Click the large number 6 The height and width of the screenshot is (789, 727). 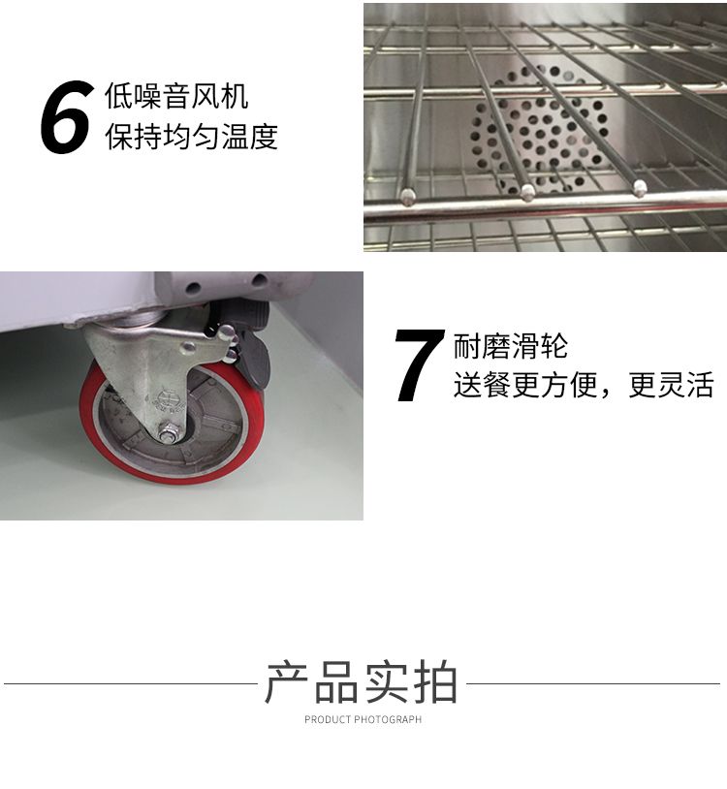pos(67,117)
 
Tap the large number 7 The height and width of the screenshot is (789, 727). pos(420,365)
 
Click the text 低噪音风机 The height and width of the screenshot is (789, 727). pos(176,96)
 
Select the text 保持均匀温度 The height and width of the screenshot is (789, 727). pos(191,137)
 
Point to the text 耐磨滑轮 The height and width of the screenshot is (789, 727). pos(511,346)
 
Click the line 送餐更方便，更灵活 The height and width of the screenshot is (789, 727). pos(584,385)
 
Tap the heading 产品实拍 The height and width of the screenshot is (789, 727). pos(362,682)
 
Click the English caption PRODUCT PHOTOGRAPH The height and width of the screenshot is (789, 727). pos(363,719)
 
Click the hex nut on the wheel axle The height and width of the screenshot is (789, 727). pos(167,432)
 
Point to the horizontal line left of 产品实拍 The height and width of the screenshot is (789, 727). pos(131,684)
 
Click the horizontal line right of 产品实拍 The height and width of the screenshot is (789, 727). pos(593,684)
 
